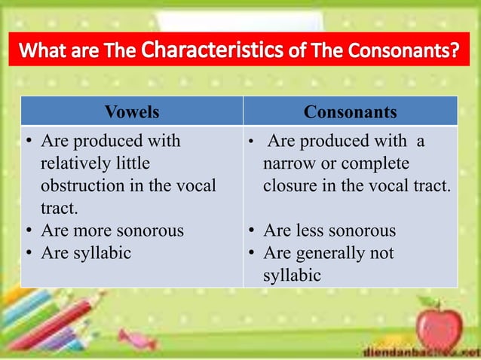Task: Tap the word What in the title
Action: point(47,53)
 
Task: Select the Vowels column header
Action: point(132,112)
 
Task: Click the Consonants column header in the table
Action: point(350,112)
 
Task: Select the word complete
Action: point(376,163)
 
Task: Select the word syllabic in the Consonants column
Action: point(292,276)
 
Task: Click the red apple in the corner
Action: point(440,325)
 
